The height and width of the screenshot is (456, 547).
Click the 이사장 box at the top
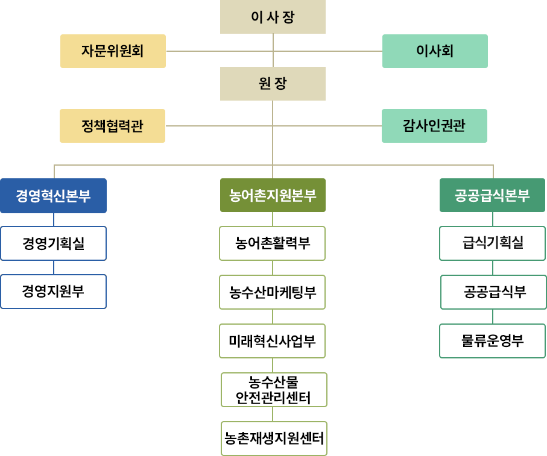point(273,17)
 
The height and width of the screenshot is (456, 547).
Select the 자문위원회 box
point(113,51)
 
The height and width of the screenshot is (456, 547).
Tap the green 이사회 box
point(435,51)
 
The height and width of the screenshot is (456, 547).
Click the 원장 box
point(273,84)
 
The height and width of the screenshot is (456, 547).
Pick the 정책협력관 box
point(112,126)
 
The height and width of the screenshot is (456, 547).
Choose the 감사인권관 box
point(434,126)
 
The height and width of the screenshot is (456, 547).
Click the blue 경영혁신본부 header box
point(54,196)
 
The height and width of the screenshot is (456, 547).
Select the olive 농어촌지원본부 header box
point(273,195)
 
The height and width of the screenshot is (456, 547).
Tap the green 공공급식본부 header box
point(492,195)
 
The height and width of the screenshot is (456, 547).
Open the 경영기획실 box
point(54,243)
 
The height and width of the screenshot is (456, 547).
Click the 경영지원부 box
point(54,292)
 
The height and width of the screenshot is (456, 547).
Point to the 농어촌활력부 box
point(273,243)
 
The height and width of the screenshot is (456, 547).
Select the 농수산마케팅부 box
point(273,292)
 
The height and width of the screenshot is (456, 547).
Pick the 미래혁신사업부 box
point(273,341)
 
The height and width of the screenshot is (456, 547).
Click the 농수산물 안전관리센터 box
point(274,389)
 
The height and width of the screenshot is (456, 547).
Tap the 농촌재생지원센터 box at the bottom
point(274,438)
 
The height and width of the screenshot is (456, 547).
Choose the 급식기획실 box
point(492,243)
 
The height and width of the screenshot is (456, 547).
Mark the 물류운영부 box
point(492,341)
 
